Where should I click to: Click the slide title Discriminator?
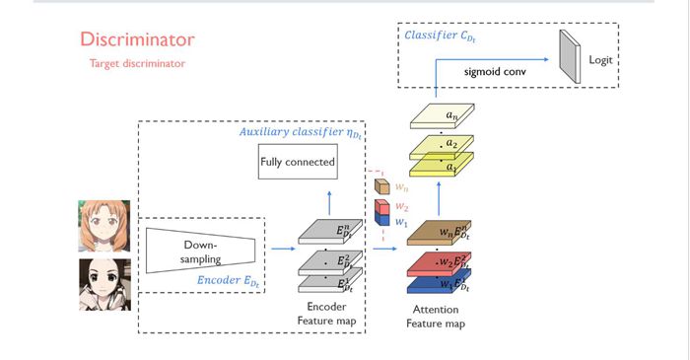137,40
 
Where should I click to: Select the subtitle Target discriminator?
139,64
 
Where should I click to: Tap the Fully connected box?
297,162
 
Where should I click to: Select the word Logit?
601,60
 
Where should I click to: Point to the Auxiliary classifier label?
298,131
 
